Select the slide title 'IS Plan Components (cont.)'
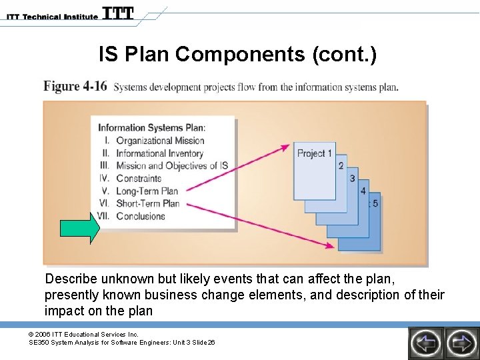(237, 54)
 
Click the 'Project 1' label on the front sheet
(315, 153)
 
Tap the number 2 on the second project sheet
(341, 165)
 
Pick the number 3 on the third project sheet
(351, 178)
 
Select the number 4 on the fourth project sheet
(363, 191)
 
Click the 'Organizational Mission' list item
(160, 141)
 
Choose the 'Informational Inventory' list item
(159, 153)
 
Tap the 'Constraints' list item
(139, 179)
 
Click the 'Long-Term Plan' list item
(147, 191)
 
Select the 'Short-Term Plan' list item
(147, 204)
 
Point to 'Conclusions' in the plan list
(141, 216)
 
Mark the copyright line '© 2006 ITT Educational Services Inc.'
(83, 334)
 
